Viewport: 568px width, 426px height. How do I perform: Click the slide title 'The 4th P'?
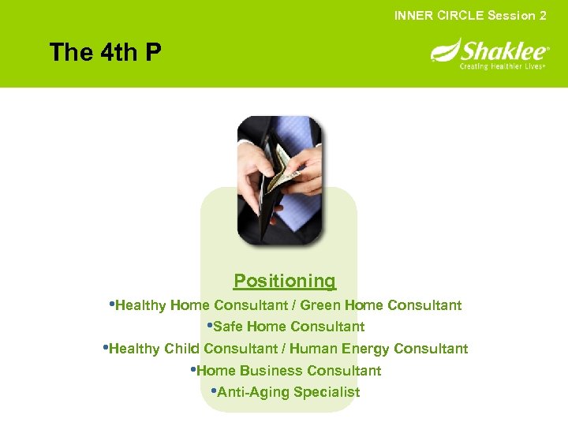click(x=105, y=53)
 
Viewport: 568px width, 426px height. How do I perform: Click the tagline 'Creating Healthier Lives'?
click(x=503, y=67)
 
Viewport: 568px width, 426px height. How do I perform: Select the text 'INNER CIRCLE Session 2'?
click(x=470, y=16)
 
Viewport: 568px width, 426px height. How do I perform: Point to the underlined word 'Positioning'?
click(x=284, y=281)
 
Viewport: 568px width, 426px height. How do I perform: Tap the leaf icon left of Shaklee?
click(x=444, y=52)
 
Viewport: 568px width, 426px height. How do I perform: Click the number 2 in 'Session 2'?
click(x=543, y=16)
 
